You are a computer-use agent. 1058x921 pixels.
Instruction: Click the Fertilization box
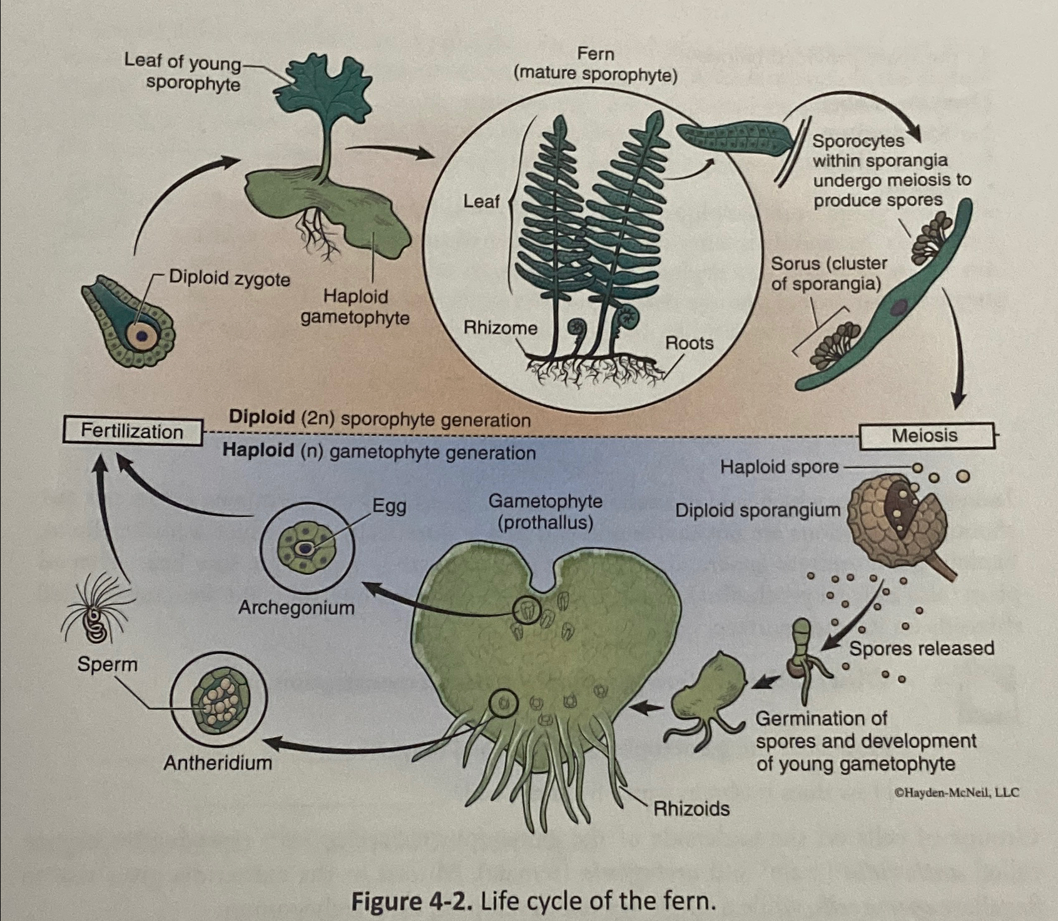pyautogui.click(x=133, y=432)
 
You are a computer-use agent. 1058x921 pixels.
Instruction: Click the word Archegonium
pyautogui.click(x=296, y=608)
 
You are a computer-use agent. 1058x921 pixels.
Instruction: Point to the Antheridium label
pyautogui.click(x=218, y=763)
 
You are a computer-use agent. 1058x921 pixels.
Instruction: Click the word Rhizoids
pyautogui.click(x=691, y=808)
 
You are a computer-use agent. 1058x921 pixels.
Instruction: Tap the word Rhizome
pyautogui.click(x=500, y=328)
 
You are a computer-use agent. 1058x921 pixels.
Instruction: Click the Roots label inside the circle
pyautogui.click(x=689, y=343)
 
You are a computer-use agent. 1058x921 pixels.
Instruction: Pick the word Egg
pyautogui.click(x=389, y=506)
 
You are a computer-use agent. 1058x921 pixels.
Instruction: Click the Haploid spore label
pyautogui.click(x=779, y=467)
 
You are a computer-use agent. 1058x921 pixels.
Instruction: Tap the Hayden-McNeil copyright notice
pyautogui.click(x=957, y=792)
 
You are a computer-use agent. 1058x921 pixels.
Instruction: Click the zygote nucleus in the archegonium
pyautogui.click(x=143, y=337)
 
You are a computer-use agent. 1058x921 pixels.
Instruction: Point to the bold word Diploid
pyautogui.click(x=262, y=417)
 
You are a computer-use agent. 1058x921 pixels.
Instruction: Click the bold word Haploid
pyautogui.click(x=257, y=450)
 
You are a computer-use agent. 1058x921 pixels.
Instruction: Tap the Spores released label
pyautogui.click(x=921, y=648)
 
